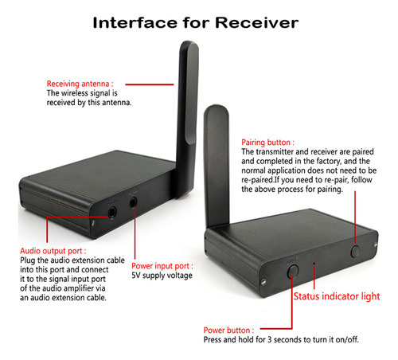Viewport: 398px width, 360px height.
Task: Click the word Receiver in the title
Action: [x=257, y=22]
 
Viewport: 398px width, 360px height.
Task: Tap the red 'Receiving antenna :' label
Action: [x=80, y=84]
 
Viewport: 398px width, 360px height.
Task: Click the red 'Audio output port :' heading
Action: [x=53, y=251]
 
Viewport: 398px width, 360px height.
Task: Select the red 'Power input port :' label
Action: [x=162, y=266]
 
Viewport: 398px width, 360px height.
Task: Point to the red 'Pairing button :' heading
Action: [x=267, y=143]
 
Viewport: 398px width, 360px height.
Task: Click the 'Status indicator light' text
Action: [x=337, y=296]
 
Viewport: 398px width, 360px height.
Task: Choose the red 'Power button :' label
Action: [x=228, y=331]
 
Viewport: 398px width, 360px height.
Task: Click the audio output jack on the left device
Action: [x=112, y=213]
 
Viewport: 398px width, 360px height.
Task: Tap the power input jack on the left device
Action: [x=133, y=202]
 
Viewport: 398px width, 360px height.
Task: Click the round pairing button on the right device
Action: [x=355, y=251]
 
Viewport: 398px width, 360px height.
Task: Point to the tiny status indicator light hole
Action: [x=314, y=264]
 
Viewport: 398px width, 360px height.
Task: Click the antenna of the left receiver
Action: [x=188, y=117]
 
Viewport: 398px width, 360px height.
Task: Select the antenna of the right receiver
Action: [x=217, y=166]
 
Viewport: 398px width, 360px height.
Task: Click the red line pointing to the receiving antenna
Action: [x=150, y=84]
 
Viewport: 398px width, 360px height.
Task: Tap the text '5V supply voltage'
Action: [x=162, y=276]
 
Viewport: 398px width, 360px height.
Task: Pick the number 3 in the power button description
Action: [x=270, y=339]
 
